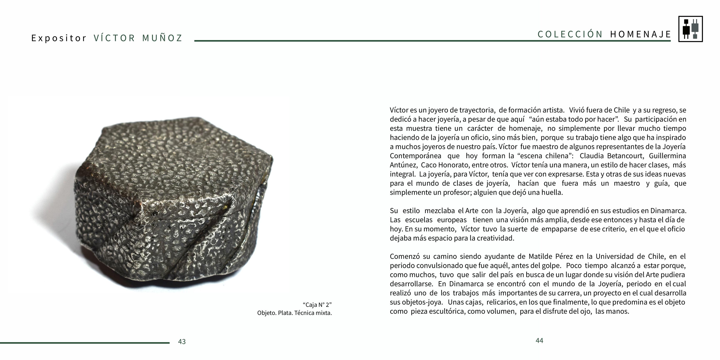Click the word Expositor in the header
point(59,38)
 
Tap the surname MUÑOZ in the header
point(162,38)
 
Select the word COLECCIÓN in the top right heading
point(570,34)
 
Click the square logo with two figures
point(690,29)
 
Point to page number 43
point(182,342)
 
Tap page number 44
point(539,340)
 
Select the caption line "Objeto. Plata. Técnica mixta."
point(294,313)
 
